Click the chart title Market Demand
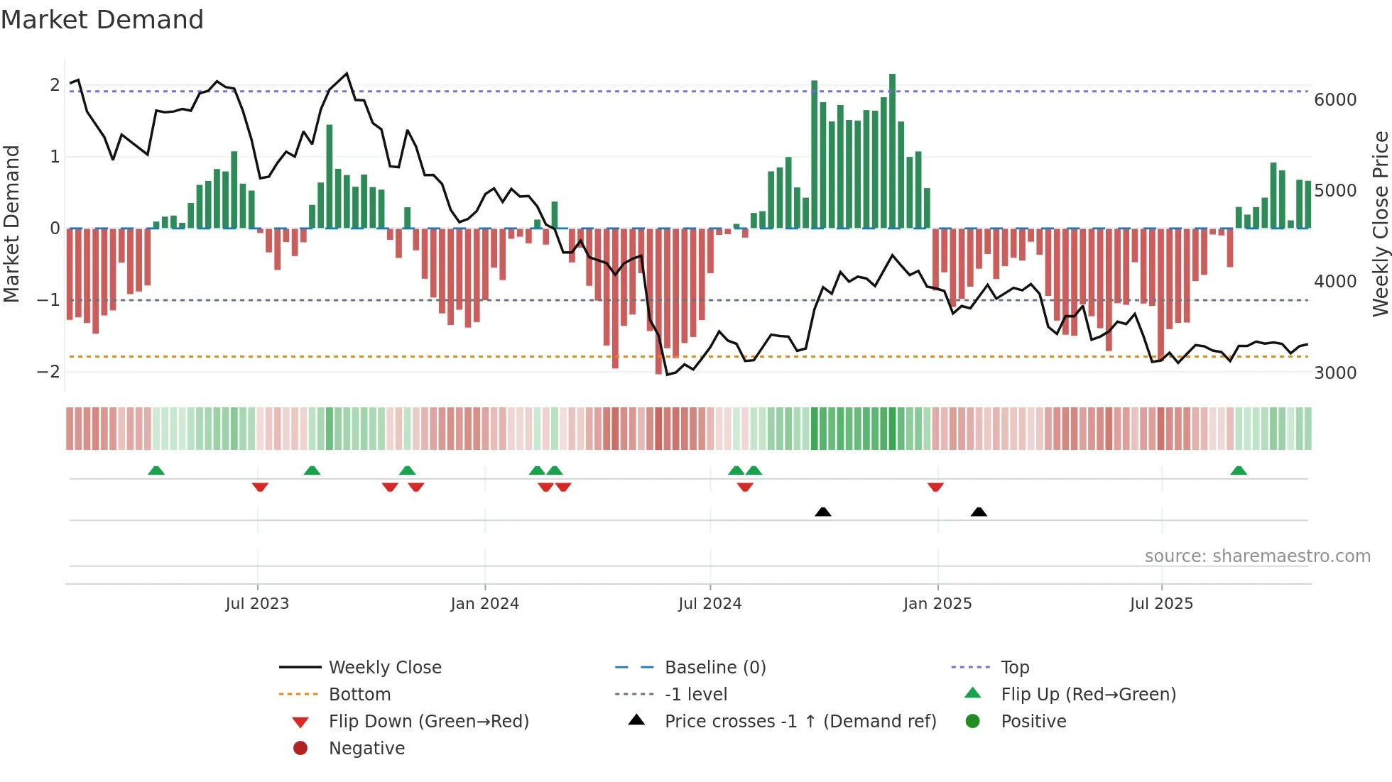[102, 20]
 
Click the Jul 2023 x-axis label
[257, 604]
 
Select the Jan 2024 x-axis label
[485, 604]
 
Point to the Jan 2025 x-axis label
[937, 604]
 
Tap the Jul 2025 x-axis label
[1162, 604]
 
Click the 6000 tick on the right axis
[1335, 100]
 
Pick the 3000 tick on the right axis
[1335, 373]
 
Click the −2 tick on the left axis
[48, 372]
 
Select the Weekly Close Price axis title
[1380, 224]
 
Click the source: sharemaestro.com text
[1257, 556]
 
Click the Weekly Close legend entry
[384, 668]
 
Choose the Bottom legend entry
[359, 695]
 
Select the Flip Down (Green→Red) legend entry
[428, 722]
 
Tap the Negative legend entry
[366, 749]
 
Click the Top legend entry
[1015, 668]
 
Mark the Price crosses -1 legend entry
[800, 722]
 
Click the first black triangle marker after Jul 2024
[823, 512]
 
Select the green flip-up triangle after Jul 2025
[1239, 470]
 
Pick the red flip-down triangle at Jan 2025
[935, 487]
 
